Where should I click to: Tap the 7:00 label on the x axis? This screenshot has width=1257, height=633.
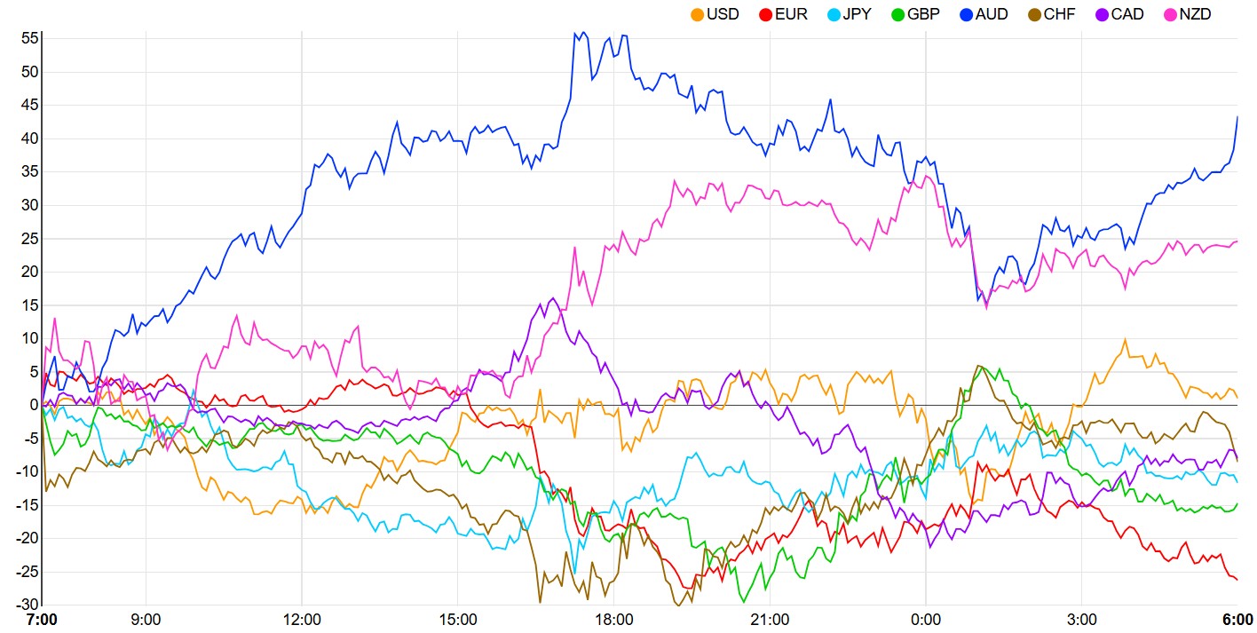point(42,619)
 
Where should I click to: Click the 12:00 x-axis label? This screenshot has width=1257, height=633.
point(302,619)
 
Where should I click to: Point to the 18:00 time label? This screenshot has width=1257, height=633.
point(613,619)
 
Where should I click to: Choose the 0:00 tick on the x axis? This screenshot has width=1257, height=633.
point(926,619)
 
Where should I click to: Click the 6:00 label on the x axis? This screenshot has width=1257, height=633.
point(1237,619)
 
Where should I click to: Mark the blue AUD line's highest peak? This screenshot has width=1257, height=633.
point(584,33)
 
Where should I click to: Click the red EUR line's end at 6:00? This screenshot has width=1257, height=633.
point(1237,580)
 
